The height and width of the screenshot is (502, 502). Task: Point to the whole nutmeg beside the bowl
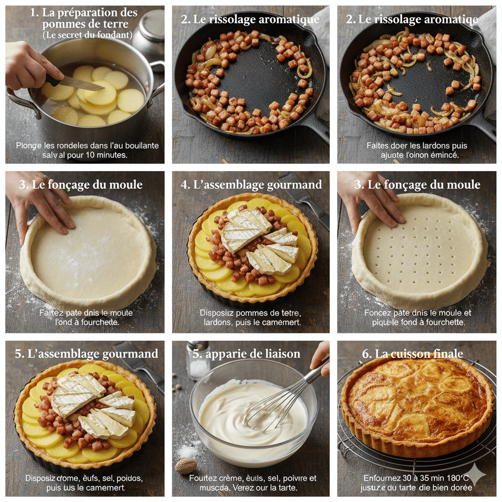click(186, 466)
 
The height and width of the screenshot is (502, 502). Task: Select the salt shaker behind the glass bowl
click(199, 360)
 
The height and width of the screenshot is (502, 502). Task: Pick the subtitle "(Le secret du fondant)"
click(87, 35)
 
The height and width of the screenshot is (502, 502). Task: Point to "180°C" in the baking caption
click(456, 478)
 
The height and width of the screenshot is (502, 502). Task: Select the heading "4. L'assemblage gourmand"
click(251, 184)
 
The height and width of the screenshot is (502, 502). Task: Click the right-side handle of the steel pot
click(157, 78)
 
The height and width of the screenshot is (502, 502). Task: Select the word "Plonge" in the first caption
click(28, 146)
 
